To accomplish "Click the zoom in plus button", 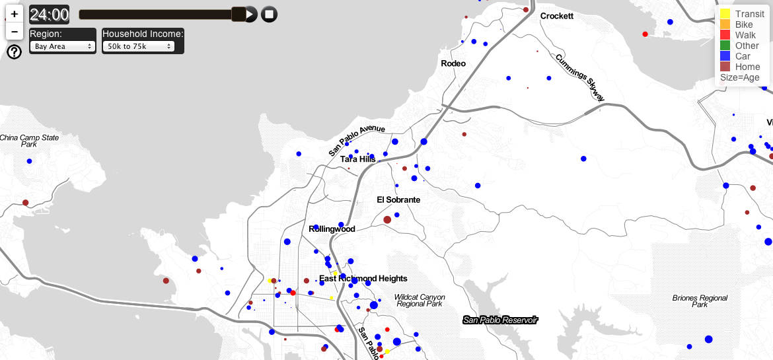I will (x=15, y=13).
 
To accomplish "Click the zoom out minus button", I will (x=15, y=31).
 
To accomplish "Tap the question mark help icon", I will (x=14, y=52).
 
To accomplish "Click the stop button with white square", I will (x=269, y=14).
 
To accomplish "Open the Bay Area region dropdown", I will (x=63, y=46).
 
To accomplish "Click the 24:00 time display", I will (x=49, y=14).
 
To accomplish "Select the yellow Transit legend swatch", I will (x=725, y=13).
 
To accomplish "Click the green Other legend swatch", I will (x=725, y=46).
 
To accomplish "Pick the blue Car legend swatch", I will (x=725, y=56).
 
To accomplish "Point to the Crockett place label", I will (x=556, y=16).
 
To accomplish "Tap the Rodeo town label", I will (x=453, y=63).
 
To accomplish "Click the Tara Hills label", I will (x=358, y=159).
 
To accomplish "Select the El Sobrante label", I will (x=398, y=199).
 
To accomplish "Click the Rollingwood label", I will (x=332, y=229).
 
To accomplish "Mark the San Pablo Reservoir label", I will (x=500, y=320).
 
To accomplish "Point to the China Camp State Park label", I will (x=29, y=141).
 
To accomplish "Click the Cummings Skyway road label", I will (x=579, y=77).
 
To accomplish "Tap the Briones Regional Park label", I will (x=700, y=301).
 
